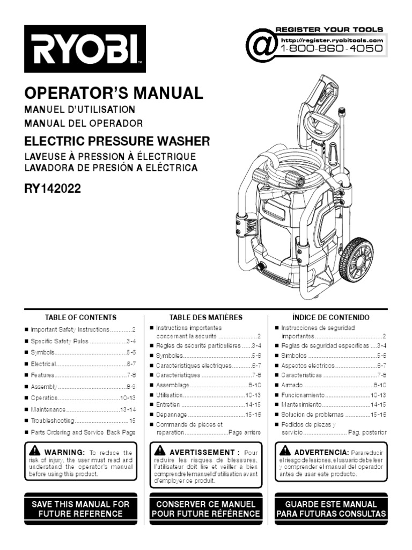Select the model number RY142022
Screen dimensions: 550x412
53,189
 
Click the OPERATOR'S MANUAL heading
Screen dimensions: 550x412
114,93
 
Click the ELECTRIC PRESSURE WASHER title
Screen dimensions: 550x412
117,142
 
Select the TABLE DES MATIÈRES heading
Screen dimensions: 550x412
206,317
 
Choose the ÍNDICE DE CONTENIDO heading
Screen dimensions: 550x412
331,317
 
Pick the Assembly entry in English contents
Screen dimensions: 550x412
44,387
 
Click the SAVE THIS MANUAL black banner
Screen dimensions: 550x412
80,509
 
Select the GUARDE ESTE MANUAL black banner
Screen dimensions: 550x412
331,509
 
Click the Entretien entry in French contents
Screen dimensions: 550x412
168,404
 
